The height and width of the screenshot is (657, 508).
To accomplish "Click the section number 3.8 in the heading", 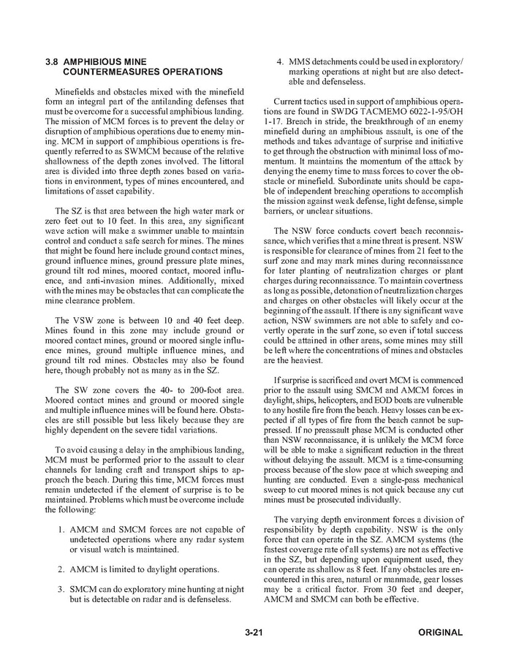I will coord(53,61).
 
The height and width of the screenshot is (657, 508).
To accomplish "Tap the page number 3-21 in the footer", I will coord(254,632).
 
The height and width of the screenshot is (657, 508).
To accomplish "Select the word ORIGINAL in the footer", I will coord(441,632).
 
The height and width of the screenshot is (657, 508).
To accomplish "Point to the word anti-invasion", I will coord(96,280).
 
